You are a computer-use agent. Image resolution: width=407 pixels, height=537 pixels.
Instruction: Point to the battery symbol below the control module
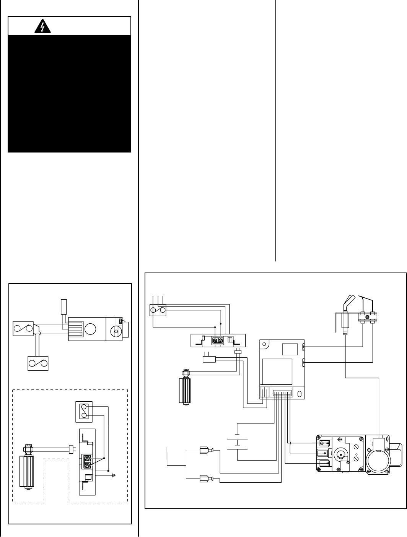click(x=237, y=440)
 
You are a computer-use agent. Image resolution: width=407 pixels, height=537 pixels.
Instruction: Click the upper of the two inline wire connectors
click(x=205, y=451)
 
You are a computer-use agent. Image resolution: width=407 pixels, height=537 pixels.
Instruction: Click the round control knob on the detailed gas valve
click(x=339, y=454)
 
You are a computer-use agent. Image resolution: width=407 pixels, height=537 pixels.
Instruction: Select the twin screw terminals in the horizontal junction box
click(x=217, y=339)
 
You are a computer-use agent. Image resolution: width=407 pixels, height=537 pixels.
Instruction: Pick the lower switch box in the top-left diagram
click(x=38, y=363)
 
